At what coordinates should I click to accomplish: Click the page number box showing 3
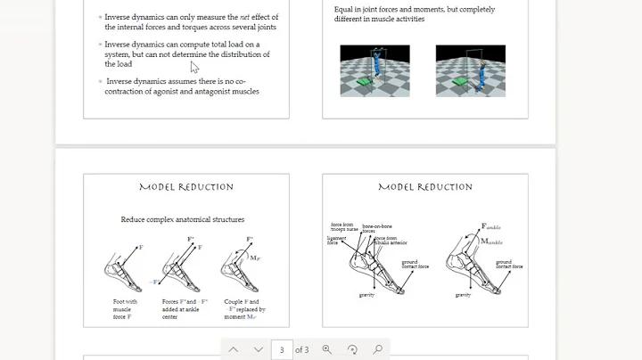pos(282,350)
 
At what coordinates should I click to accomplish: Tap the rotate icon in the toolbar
pos(352,350)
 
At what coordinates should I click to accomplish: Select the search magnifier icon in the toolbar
pos(377,350)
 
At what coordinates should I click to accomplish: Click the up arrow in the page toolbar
pos(234,350)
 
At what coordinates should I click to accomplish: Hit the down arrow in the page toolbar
pos(258,350)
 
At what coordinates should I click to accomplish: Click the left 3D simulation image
pos(374,70)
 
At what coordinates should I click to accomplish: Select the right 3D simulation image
pos(469,70)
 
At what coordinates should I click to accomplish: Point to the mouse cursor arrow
pos(194,67)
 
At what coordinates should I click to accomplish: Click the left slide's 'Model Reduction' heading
pos(186,187)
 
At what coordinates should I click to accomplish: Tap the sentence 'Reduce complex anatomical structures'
pos(183,219)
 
